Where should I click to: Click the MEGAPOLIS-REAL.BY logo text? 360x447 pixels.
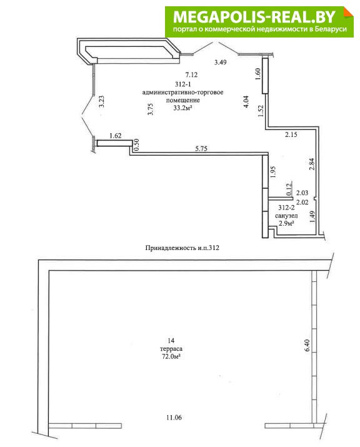(x=254, y=17)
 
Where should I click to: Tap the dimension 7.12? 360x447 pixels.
(x=191, y=75)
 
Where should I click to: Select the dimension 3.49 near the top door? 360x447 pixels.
(x=221, y=62)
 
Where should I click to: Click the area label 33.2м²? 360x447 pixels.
(x=182, y=108)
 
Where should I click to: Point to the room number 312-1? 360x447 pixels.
(x=182, y=84)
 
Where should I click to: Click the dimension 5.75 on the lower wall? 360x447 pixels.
(x=201, y=149)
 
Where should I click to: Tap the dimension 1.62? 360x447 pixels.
(x=116, y=136)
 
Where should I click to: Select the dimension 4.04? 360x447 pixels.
(x=246, y=101)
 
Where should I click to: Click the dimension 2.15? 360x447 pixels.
(x=291, y=134)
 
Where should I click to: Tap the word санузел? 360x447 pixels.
(x=286, y=216)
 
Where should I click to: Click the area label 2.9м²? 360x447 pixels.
(x=286, y=224)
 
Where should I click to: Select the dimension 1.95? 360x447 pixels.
(x=273, y=172)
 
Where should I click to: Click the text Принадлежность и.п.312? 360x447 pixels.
(x=182, y=248)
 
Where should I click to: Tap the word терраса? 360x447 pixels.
(x=171, y=349)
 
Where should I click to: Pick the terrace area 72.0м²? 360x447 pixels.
(x=171, y=356)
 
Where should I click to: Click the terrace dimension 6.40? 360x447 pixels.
(x=307, y=345)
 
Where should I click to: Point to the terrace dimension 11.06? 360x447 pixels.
(x=174, y=418)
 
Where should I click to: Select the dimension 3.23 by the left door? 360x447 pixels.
(x=101, y=101)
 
